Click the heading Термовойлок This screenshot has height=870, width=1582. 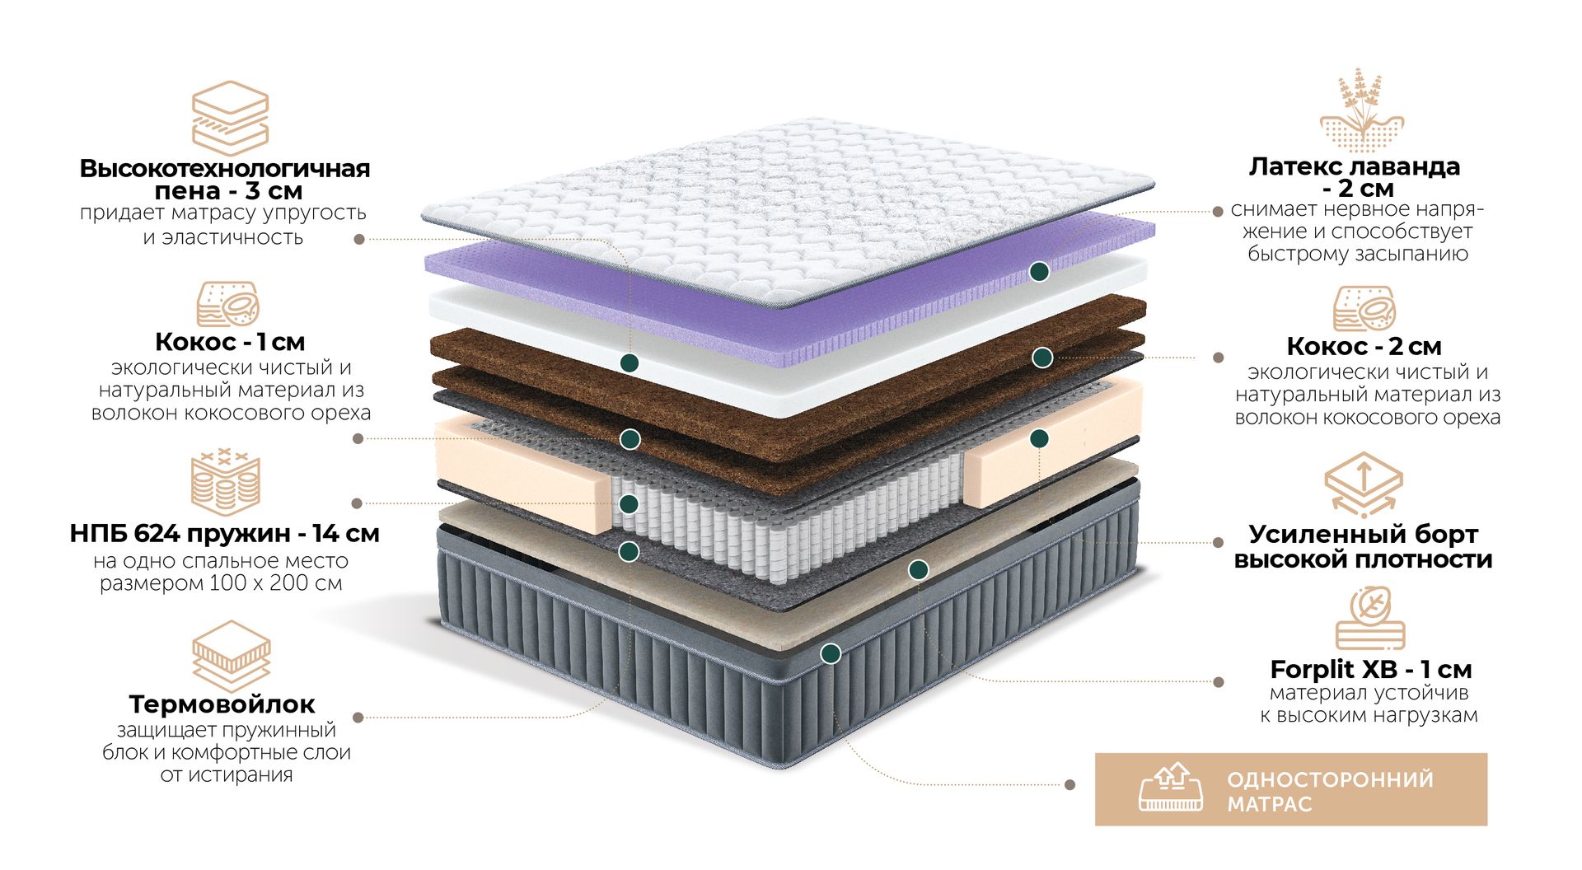[222, 704]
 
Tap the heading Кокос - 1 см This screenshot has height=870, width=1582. [230, 341]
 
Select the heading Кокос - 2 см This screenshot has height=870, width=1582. [1364, 346]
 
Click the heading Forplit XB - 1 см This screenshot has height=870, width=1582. [1371, 669]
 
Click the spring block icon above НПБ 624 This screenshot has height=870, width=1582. [225, 483]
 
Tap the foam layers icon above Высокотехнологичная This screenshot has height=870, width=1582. [230, 118]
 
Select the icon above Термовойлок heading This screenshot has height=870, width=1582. [231, 656]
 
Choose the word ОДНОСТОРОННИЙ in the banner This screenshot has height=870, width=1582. [1330, 779]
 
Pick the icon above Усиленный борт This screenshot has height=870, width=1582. [1363, 484]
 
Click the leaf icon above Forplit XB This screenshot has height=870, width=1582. [1369, 618]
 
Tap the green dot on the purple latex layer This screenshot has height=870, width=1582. [1040, 271]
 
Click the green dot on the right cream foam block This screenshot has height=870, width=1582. [1039, 438]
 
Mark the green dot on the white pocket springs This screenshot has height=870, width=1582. [629, 504]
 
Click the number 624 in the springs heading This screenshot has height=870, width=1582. [157, 534]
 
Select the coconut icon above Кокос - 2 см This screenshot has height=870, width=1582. [1364, 308]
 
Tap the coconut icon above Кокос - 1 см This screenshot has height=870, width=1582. [228, 304]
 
